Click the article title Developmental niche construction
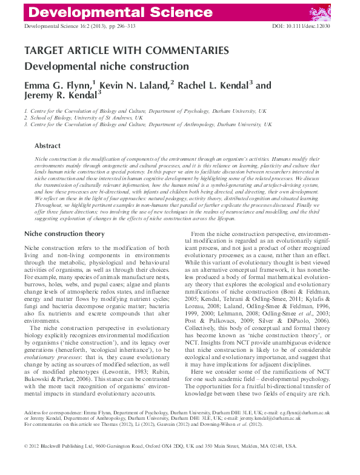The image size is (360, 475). coord(106,66)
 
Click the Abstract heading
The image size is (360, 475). coord(47,146)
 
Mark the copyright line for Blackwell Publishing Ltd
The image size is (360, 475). coord(160,462)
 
